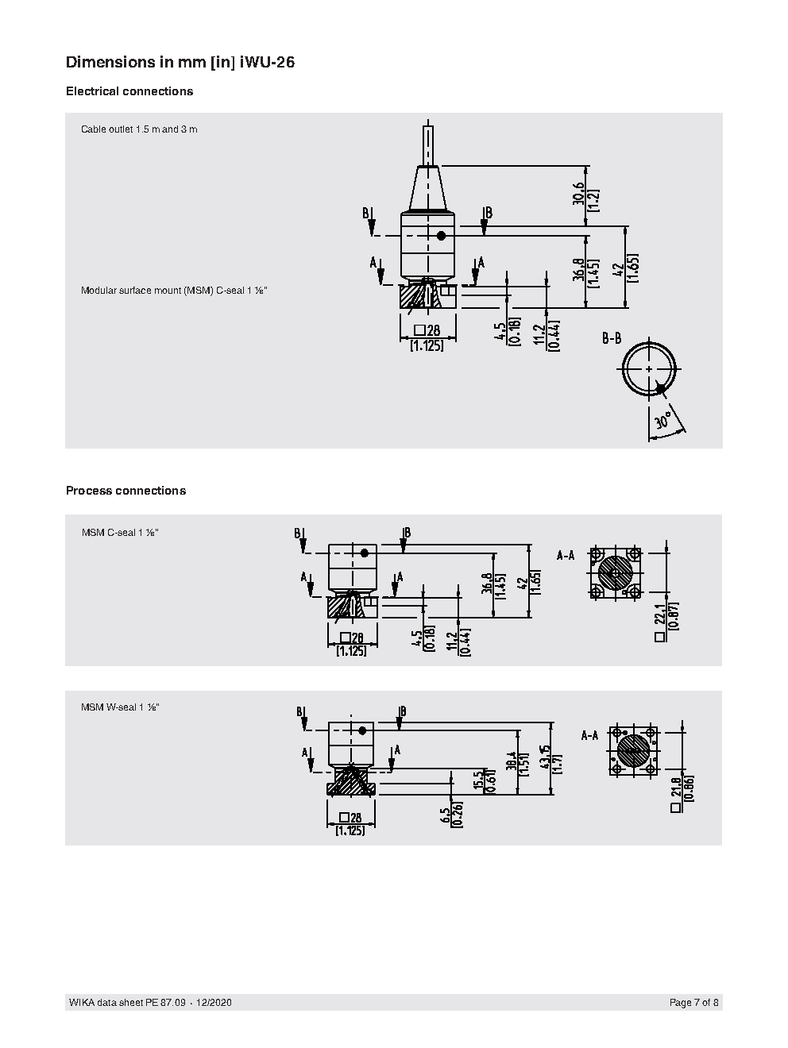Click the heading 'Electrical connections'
pos(129,91)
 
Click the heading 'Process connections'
pos(126,491)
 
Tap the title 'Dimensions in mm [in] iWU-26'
pos(180,62)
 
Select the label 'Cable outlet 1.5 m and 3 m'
pos(139,129)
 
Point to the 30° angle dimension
pos(662,420)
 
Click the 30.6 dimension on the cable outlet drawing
pos(578,193)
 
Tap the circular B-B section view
pos(650,369)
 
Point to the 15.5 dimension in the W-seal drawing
pos(478,780)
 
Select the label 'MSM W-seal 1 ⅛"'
pos(120,707)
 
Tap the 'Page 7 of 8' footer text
pos(694,1003)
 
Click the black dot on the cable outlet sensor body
pos(441,236)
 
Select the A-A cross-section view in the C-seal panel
pos(615,572)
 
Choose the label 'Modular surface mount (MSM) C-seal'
pos(174,291)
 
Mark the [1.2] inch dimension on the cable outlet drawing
pos(593,198)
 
